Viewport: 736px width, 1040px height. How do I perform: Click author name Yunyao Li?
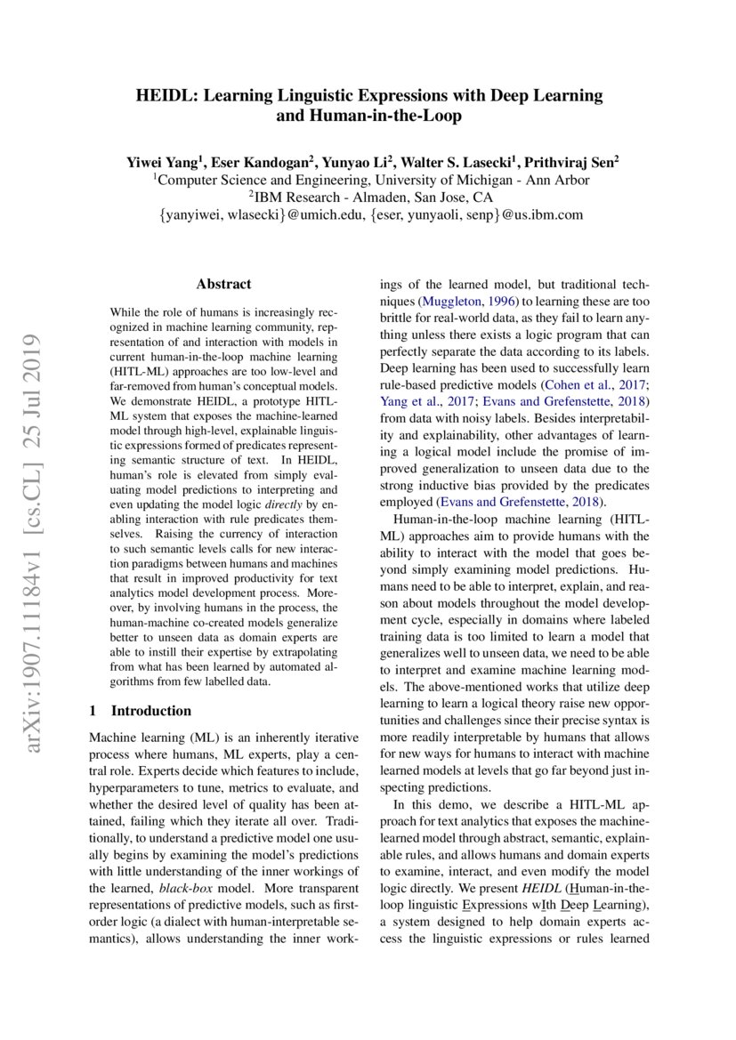pos(360,163)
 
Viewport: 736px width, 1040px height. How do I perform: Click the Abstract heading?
pos(223,285)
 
